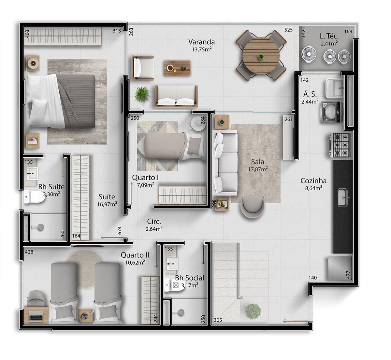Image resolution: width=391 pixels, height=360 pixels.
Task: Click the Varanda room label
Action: [x=201, y=42]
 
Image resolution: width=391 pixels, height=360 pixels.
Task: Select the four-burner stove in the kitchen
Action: [x=340, y=144]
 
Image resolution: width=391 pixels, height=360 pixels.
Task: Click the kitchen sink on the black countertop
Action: [x=343, y=197]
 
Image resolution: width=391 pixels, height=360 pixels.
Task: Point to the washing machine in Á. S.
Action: [x=331, y=111]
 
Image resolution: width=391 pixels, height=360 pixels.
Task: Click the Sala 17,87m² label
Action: [x=257, y=165]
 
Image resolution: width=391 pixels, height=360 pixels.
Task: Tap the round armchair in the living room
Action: [x=252, y=207]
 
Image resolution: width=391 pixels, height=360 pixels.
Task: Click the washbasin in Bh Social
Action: [x=171, y=263]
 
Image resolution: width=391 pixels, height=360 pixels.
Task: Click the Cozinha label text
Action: [x=313, y=181]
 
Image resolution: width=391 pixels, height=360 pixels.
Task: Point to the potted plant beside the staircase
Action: [x=253, y=311]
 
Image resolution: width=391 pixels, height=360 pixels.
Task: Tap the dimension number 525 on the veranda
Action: [x=288, y=30]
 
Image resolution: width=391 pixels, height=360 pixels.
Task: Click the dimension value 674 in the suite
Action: [x=119, y=230]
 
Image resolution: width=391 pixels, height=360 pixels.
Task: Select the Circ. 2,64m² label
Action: [x=154, y=224]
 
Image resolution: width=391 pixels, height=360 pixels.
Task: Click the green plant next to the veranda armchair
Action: [x=142, y=94]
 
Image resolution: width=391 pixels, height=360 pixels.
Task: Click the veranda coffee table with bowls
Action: [x=177, y=68]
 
